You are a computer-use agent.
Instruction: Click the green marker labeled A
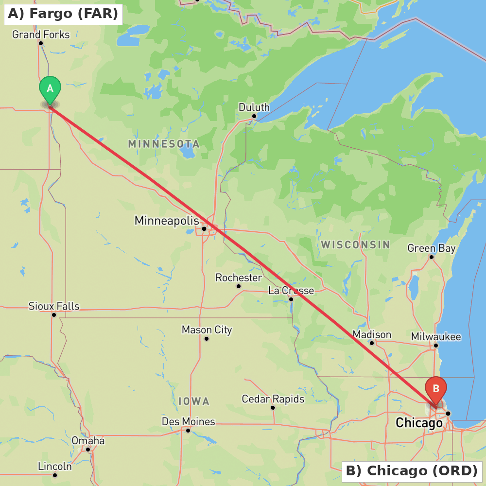[x=50, y=89]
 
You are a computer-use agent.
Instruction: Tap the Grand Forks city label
[x=41, y=35]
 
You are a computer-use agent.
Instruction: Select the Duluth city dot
[x=254, y=116]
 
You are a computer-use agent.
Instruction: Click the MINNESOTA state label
[x=164, y=144]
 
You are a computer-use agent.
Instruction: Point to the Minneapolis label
[x=167, y=221]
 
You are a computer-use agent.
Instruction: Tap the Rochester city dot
[x=239, y=286]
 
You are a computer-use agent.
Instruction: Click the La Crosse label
[x=291, y=291]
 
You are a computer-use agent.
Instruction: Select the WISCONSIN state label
[x=355, y=244]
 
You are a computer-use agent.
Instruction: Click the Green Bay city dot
[x=431, y=257]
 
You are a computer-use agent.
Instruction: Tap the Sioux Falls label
[x=53, y=306]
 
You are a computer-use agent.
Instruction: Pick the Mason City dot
[x=207, y=338]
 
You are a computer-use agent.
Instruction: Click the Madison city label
[x=372, y=334]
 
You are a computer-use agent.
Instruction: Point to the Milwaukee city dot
[x=436, y=346]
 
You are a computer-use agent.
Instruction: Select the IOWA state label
[x=194, y=401]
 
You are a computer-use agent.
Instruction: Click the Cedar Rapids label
[x=273, y=399]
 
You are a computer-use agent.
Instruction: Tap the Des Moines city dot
[x=188, y=430]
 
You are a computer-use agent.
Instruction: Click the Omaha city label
[x=88, y=441]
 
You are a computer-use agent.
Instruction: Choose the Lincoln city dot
[x=55, y=475]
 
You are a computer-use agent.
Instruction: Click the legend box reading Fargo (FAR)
[x=63, y=14]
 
